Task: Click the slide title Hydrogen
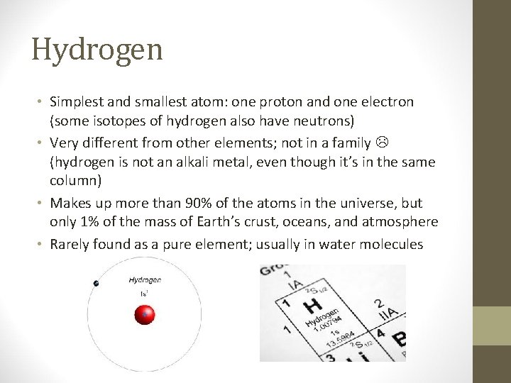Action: [x=97, y=49]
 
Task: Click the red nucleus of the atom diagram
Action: [x=145, y=313]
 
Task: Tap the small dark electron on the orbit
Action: [x=96, y=284]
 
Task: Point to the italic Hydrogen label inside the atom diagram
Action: [x=144, y=281]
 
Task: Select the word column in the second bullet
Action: [x=74, y=182]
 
